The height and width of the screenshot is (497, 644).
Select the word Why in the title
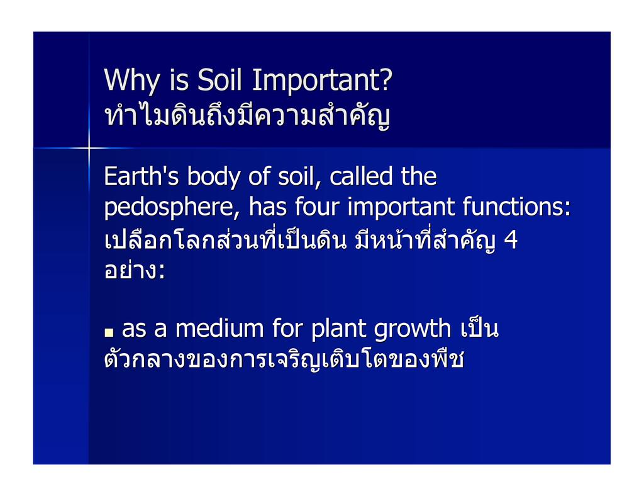pyautogui.click(x=132, y=81)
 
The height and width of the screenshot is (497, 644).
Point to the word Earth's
pyautogui.click(x=142, y=176)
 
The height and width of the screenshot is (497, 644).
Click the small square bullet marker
pyautogui.click(x=109, y=332)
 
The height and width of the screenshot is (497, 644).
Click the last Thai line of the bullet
pyautogui.click(x=284, y=358)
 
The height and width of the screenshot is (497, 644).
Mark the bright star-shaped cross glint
pyautogui.click(x=89, y=148)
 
